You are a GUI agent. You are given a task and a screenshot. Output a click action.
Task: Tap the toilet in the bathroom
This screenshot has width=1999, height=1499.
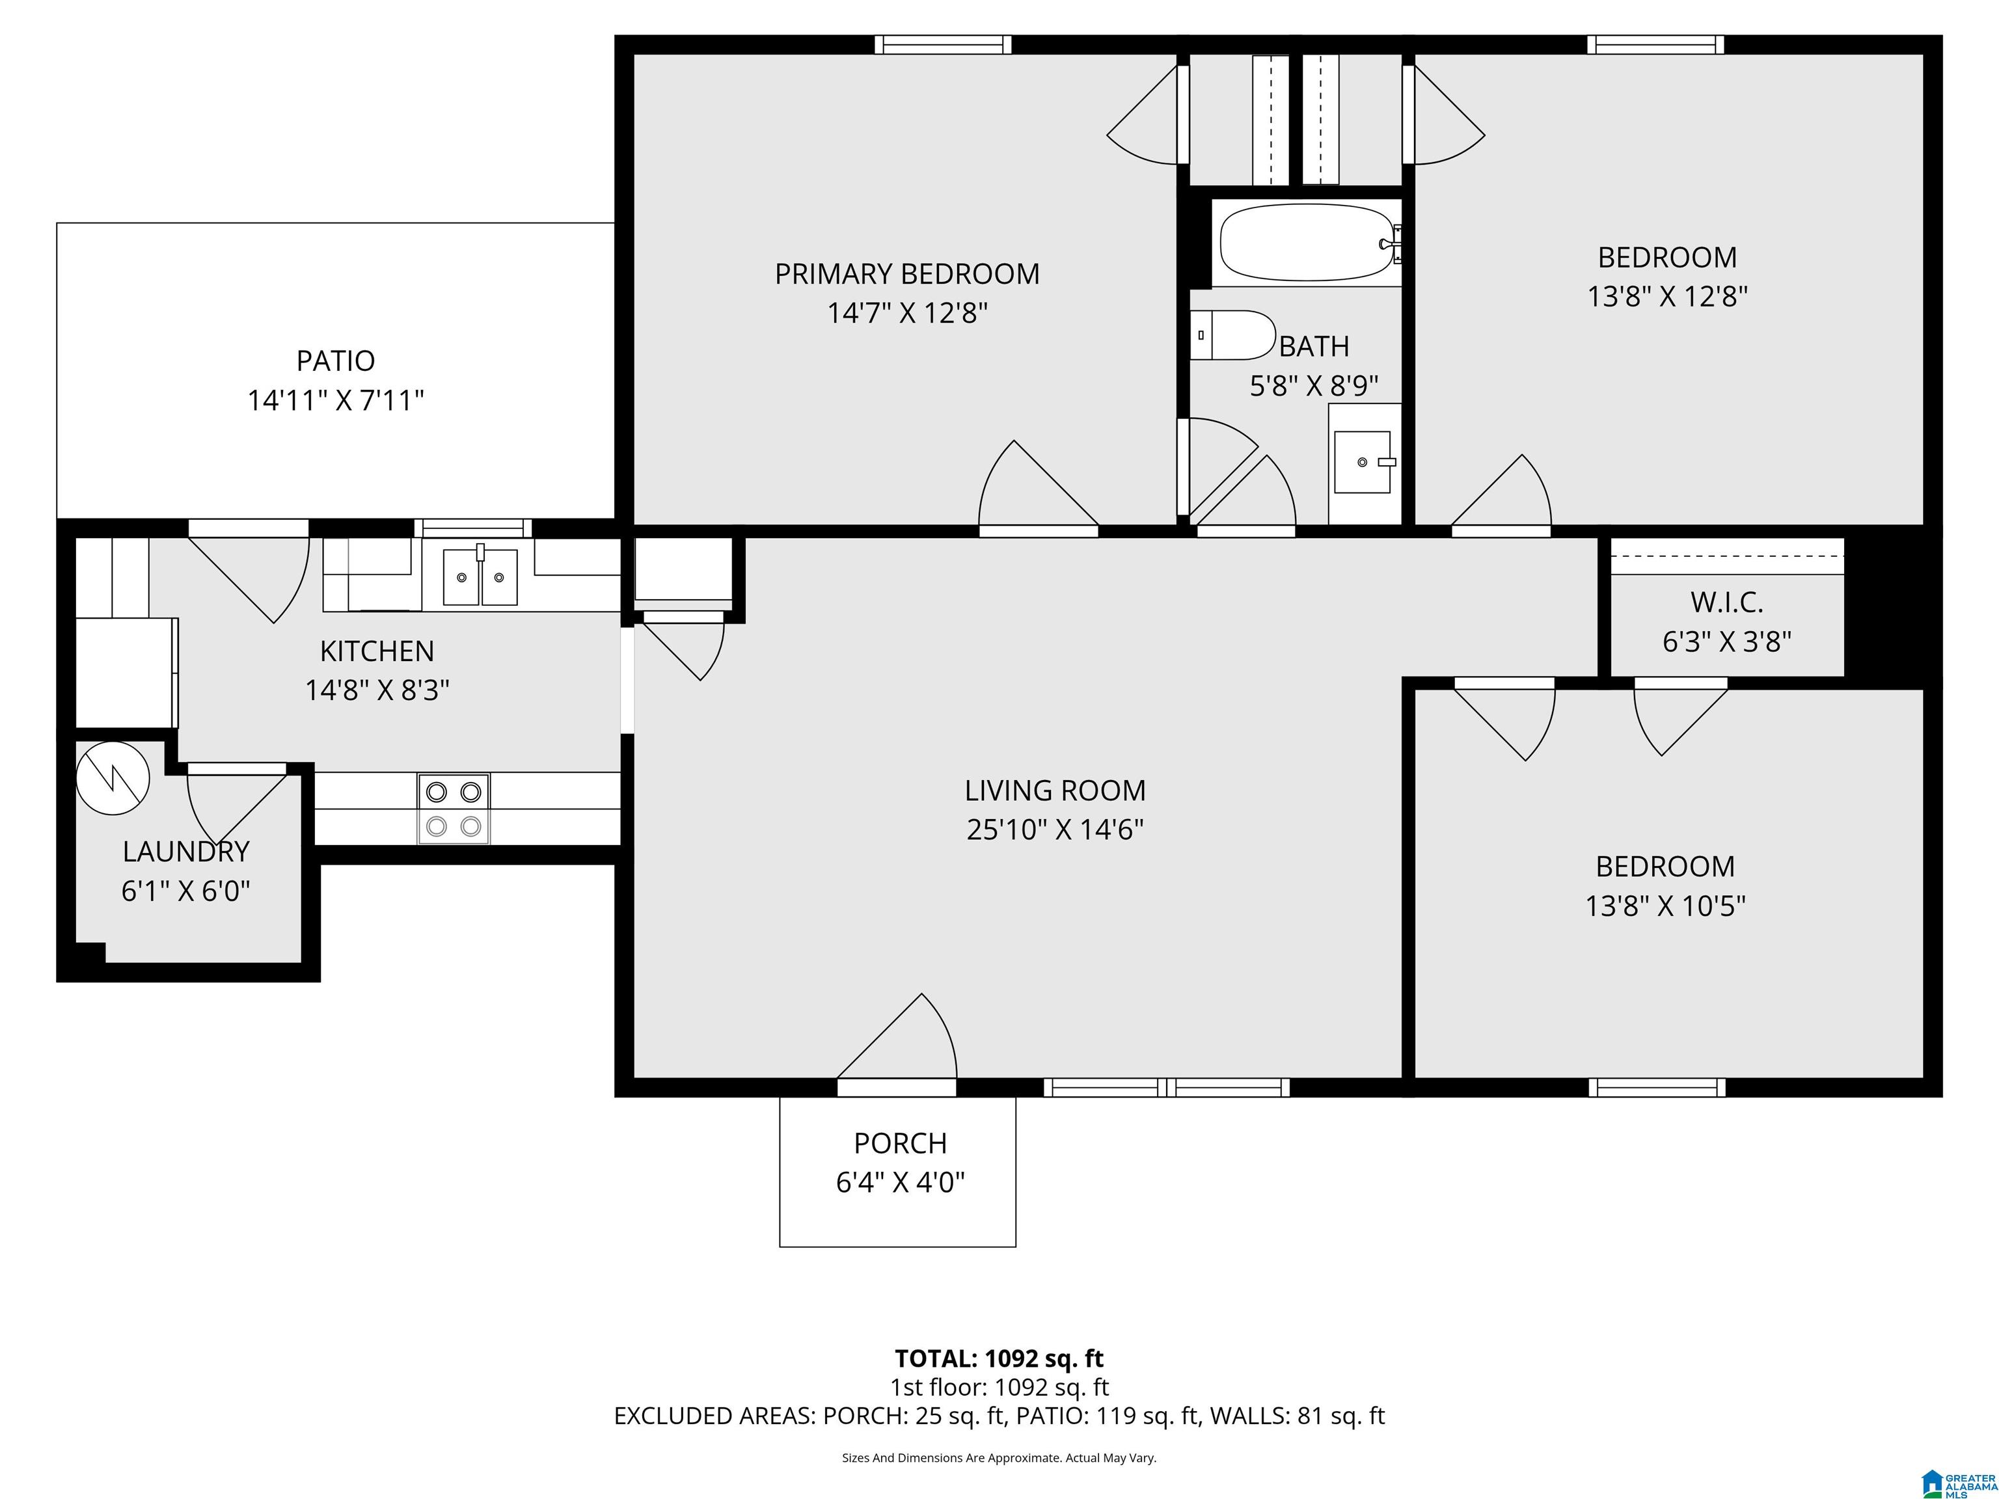[x=1231, y=335]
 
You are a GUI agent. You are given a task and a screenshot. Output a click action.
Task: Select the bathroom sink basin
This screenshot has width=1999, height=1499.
[x=1362, y=462]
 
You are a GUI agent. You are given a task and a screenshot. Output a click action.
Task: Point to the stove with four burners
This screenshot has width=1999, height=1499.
[x=454, y=809]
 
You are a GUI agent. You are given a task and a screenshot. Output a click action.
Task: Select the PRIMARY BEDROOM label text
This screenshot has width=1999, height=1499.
[x=907, y=274]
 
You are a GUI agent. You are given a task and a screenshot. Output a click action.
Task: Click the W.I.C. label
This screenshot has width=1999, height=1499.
[x=1727, y=602]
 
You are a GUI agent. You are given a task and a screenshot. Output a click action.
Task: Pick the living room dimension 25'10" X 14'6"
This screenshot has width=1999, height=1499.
[x=1055, y=830]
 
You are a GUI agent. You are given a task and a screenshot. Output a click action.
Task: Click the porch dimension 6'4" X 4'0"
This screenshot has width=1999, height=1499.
[x=900, y=1182]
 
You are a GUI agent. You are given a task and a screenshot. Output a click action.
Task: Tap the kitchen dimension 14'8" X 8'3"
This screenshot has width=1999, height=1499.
[x=377, y=690]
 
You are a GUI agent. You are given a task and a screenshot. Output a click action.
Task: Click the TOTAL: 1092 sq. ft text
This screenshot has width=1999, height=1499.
[x=999, y=1358]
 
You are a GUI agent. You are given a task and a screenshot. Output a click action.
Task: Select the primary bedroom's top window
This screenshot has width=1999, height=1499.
[x=943, y=44]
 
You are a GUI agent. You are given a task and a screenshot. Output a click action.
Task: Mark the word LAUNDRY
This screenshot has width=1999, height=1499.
[x=186, y=851]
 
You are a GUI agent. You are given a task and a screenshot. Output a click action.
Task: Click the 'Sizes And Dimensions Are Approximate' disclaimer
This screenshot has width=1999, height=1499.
[x=999, y=1457]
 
